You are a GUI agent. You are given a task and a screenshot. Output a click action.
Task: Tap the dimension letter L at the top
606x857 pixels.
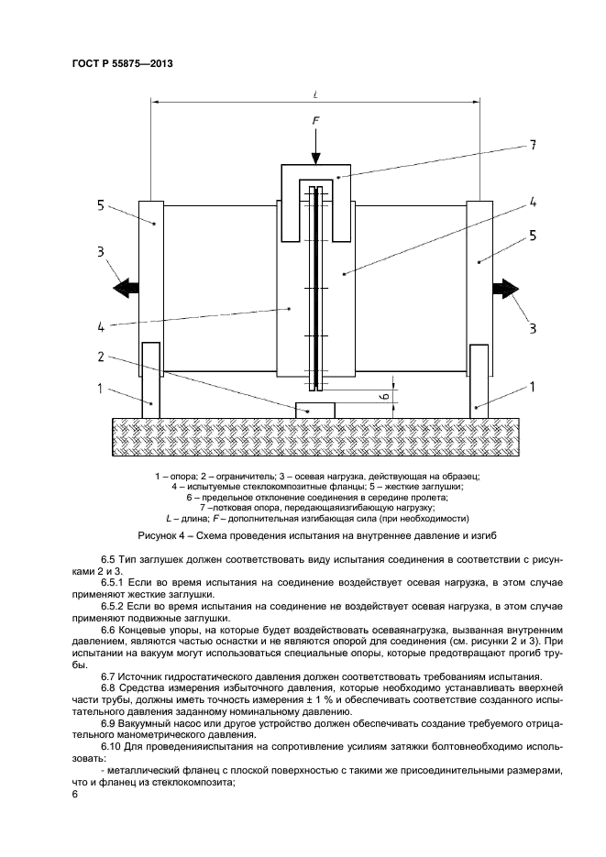[x=314, y=93]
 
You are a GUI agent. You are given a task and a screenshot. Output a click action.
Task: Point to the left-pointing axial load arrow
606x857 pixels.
[x=125, y=288]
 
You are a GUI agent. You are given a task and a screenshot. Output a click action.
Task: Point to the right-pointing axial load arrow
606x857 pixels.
[x=504, y=288]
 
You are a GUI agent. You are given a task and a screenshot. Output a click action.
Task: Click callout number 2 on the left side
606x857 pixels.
[x=103, y=356]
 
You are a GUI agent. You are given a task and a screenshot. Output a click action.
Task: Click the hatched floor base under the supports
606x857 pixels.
[x=314, y=431]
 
